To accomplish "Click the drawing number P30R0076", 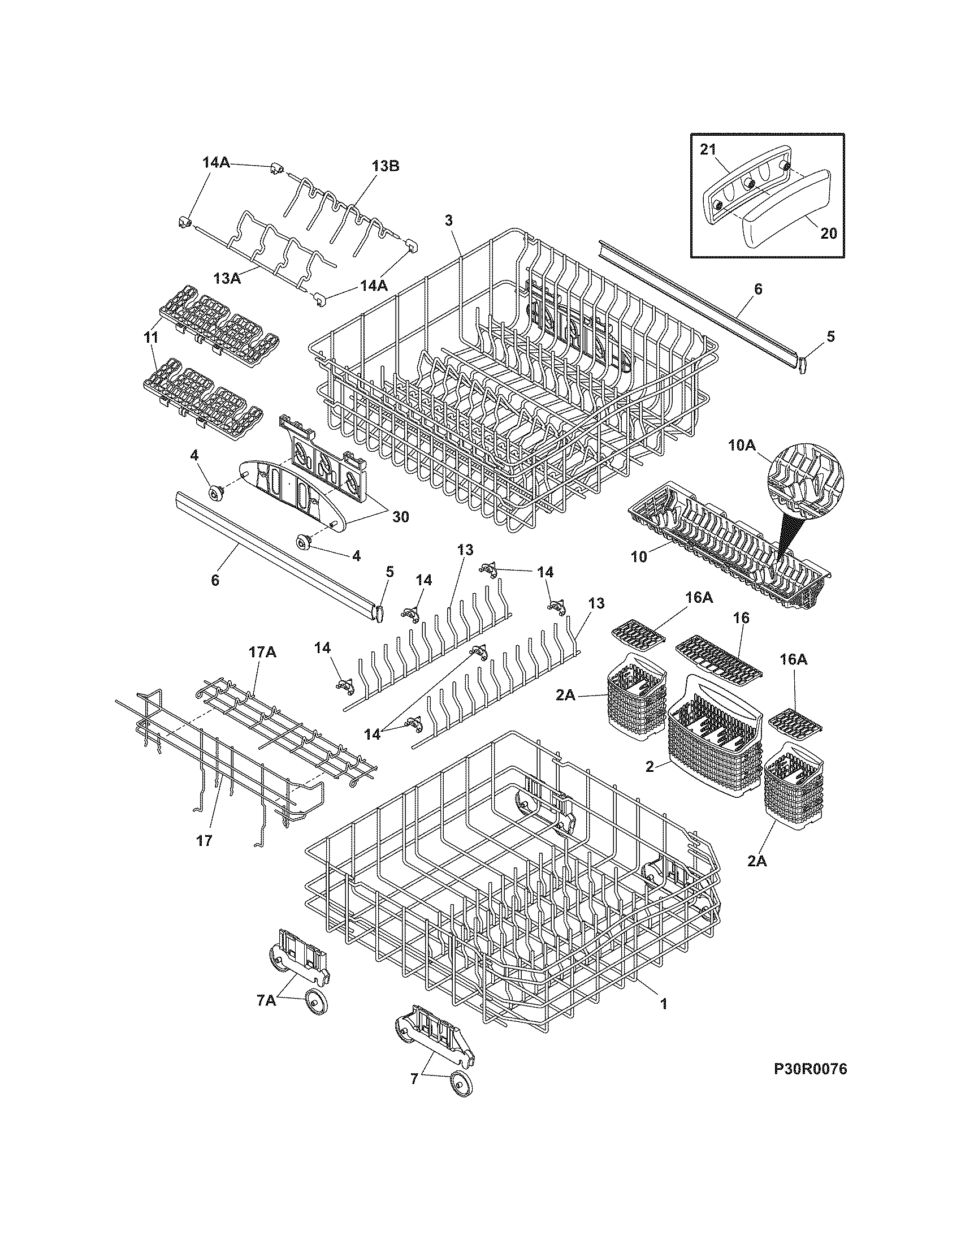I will [807, 1086].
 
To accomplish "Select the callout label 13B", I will [386, 166].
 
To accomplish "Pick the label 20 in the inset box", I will [828, 233].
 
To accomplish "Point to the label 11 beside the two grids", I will [150, 337].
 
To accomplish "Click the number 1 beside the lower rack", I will [663, 1004].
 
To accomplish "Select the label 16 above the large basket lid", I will [742, 618].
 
